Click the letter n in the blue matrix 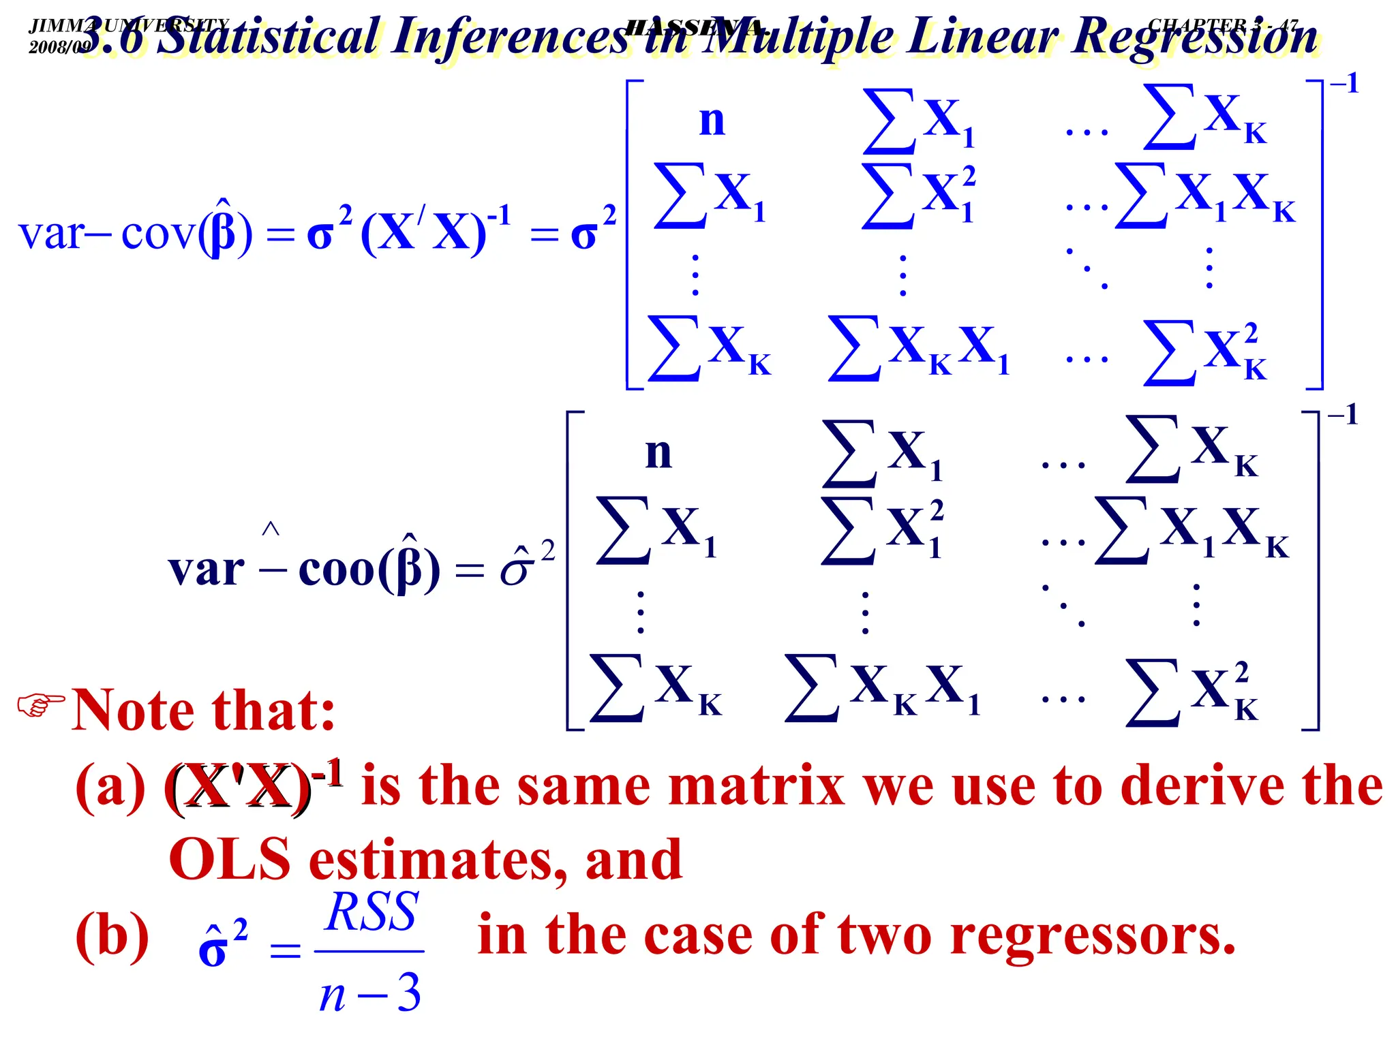pyautogui.click(x=712, y=121)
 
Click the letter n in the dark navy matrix pyautogui.click(x=658, y=453)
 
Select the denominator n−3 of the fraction pyautogui.click(x=370, y=993)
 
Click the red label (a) pyautogui.click(x=110, y=787)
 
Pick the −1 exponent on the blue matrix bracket pyautogui.click(x=1344, y=84)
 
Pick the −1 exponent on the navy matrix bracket pyautogui.click(x=1342, y=415)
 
